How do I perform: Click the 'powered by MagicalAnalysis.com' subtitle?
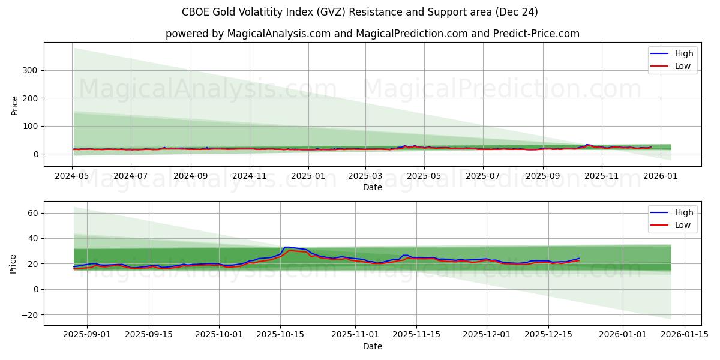click(372, 34)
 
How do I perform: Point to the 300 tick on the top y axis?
click(30, 70)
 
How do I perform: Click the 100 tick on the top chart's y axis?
click(30, 126)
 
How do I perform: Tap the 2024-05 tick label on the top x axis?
click(72, 176)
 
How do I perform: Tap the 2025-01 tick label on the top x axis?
click(308, 176)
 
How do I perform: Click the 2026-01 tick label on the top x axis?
click(661, 176)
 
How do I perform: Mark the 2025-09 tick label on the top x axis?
click(542, 176)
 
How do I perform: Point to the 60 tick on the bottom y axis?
click(32, 213)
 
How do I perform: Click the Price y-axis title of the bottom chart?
click(14, 263)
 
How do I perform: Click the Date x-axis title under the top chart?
click(372, 187)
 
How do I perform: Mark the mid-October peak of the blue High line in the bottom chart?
click(286, 247)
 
